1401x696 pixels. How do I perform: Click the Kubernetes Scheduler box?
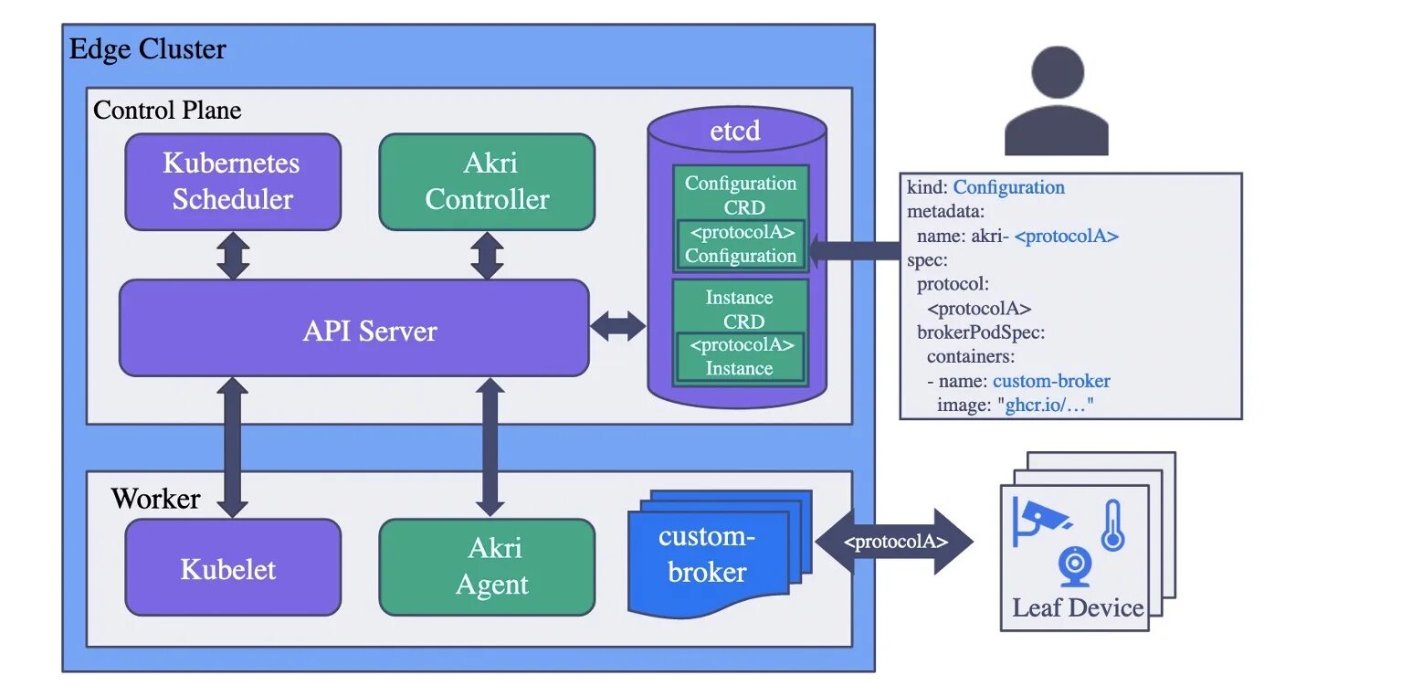[x=233, y=182]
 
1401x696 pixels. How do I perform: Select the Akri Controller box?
[x=487, y=182]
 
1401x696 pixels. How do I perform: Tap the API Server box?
[x=354, y=329]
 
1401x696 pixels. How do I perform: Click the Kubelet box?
[x=233, y=568]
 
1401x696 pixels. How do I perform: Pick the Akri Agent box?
[x=487, y=566]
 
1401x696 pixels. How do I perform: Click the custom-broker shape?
[x=709, y=555]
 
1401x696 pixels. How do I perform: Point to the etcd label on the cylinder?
[x=735, y=131]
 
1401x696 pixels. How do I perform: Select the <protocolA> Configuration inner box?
[x=741, y=244]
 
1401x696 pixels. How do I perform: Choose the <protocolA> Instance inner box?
[x=740, y=357]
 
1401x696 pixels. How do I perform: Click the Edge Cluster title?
[x=148, y=49]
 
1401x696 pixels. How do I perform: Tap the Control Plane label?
[x=167, y=111]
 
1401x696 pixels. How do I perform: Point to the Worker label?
[x=155, y=499]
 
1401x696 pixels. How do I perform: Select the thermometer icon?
[x=1111, y=525]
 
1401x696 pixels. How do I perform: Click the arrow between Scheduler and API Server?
[x=233, y=256]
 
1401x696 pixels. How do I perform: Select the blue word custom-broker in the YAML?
[x=1051, y=381]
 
